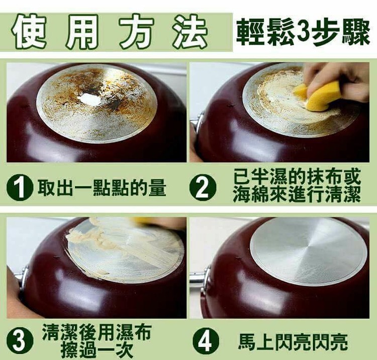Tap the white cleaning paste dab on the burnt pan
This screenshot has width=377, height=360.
92,99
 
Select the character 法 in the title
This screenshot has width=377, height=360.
191,32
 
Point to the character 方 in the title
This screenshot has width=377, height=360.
136,32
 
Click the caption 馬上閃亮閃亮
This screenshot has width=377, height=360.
293,341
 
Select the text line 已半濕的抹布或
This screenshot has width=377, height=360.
297,177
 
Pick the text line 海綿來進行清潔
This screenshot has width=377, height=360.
297,194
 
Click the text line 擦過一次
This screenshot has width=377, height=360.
96,350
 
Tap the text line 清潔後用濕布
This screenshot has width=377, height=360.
97,332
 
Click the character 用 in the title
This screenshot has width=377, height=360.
82,32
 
